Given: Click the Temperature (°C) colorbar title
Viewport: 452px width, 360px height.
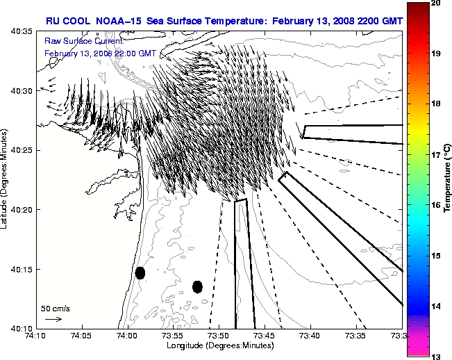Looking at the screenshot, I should pos(448,180).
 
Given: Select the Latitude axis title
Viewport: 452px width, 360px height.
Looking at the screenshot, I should pos(5,180).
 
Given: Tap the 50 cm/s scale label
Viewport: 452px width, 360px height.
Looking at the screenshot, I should pos(56,308).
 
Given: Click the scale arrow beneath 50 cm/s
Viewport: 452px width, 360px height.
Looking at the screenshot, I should pos(53,319).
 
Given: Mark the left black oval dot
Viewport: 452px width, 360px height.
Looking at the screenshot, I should pos(140,272).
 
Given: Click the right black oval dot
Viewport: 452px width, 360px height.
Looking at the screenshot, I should pos(197,286).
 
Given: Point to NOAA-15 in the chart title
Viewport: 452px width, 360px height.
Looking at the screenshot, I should pos(123,21).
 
